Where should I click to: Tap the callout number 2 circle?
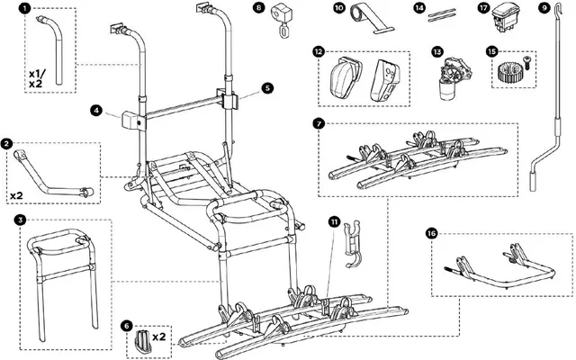pyautogui.click(x=7, y=143)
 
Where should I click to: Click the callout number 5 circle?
pyautogui.click(x=266, y=88)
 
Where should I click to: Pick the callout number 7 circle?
pyautogui.click(x=320, y=121)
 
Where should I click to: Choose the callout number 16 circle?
pyautogui.click(x=434, y=231)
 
